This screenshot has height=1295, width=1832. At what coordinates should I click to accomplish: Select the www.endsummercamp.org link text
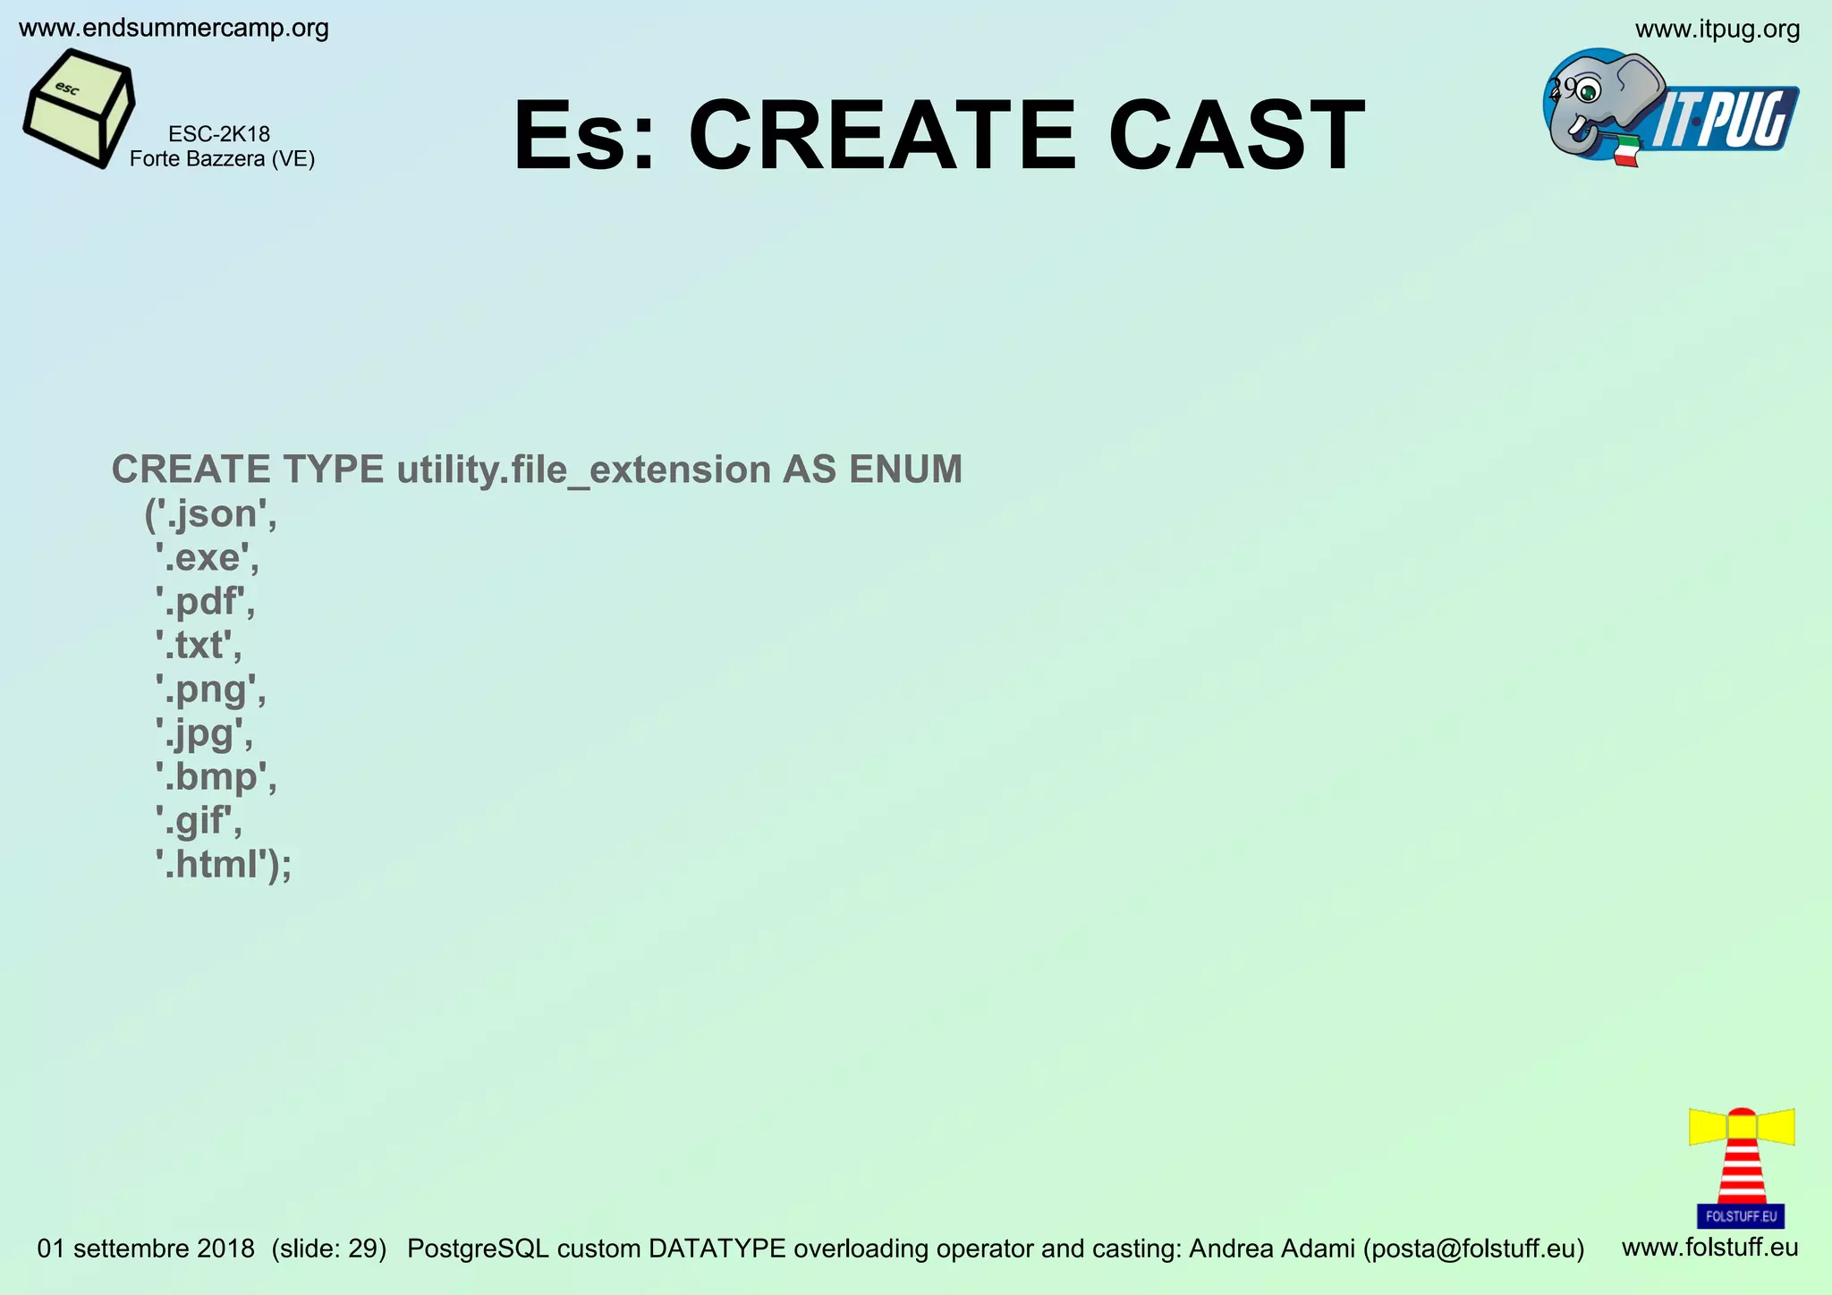(174, 29)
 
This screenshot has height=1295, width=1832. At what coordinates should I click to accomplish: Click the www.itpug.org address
(1717, 30)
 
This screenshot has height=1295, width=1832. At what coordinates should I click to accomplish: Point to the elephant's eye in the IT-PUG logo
(1589, 90)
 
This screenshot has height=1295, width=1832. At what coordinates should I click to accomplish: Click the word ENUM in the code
(905, 470)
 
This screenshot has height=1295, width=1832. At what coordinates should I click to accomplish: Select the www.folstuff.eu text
(1709, 1247)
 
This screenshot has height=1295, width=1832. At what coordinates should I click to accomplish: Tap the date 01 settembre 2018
(146, 1248)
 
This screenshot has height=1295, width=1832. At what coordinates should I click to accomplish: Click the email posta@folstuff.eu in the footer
(1473, 1248)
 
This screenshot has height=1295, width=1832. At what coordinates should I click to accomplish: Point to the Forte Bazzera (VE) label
(222, 159)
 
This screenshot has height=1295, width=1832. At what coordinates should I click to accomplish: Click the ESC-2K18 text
(219, 134)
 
